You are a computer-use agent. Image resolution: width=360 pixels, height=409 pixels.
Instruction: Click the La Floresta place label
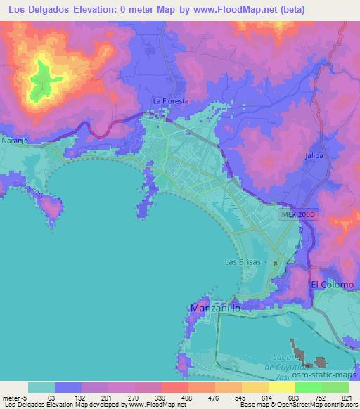[171, 101]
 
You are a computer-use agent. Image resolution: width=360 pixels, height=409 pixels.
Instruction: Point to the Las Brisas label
[242, 261]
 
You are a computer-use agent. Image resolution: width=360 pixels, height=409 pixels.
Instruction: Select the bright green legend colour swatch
[308, 387]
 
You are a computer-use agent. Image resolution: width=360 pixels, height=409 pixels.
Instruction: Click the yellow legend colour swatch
[281, 387]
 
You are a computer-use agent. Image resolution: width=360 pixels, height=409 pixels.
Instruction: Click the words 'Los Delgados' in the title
[38, 9]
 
